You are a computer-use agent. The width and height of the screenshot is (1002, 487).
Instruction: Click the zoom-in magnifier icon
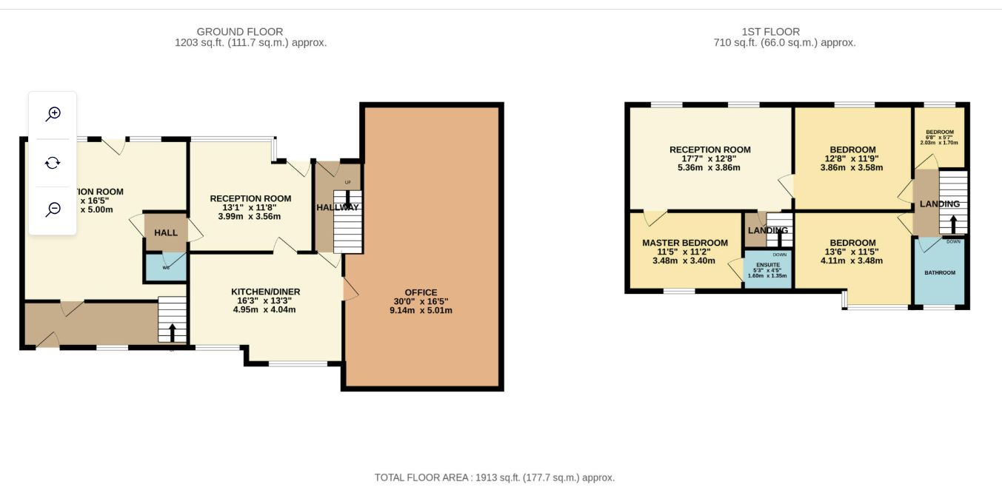(53, 114)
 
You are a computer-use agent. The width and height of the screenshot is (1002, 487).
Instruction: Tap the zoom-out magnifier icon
(53, 209)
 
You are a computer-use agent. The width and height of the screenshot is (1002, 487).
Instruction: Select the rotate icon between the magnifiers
(53, 163)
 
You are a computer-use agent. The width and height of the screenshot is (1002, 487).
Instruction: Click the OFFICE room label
(421, 292)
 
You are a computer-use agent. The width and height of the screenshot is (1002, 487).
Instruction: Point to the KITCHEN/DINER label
(265, 292)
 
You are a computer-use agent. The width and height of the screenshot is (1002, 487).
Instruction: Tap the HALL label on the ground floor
(166, 232)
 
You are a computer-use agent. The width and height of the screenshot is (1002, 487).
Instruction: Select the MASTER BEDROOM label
(684, 243)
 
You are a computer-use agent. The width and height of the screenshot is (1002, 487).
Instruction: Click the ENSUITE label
(767, 264)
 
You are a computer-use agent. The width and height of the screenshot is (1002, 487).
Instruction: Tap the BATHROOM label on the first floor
(939, 272)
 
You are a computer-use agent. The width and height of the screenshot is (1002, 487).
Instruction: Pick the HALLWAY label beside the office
(337, 208)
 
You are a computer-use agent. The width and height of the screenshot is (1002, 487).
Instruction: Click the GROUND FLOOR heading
(239, 32)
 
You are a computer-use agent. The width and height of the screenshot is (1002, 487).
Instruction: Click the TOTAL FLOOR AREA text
(494, 477)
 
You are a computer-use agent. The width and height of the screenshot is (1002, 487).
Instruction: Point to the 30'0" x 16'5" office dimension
(421, 301)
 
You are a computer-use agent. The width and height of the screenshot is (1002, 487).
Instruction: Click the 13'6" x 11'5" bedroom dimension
(852, 252)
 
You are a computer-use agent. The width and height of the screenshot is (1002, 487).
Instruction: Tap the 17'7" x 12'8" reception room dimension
(709, 158)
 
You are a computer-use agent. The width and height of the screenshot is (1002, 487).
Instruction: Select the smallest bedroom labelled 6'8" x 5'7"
(939, 138)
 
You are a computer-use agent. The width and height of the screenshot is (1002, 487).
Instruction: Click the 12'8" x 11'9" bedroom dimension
(852, 158)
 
